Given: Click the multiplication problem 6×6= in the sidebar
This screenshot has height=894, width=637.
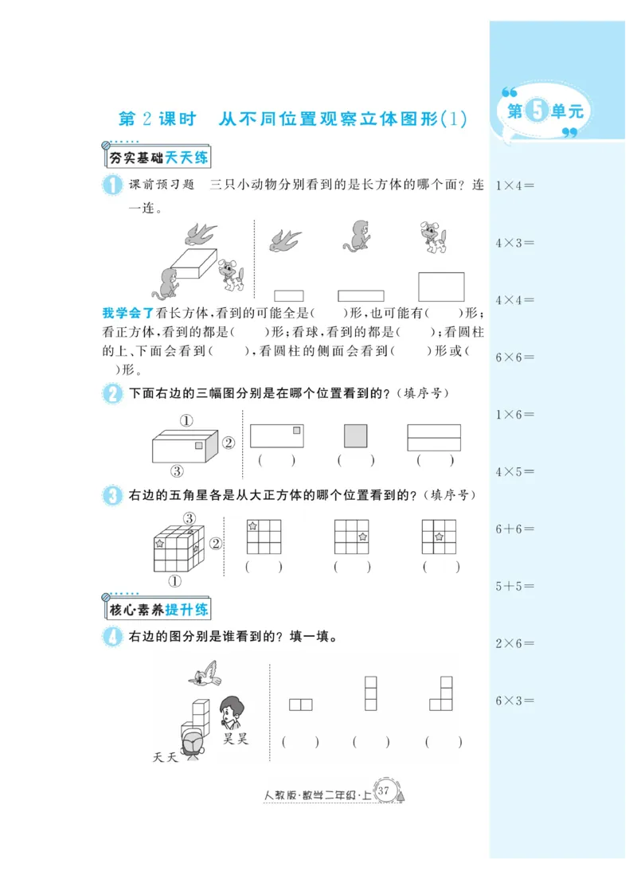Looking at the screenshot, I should (514, 357).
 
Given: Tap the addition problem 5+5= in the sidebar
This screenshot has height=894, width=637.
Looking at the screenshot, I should (514, 586).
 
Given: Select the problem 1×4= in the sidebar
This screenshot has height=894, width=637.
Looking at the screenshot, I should (514, 185).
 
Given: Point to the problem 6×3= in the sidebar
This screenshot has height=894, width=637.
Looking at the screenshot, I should (514, 701).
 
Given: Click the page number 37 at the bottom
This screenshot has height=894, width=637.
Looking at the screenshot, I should (385, 791).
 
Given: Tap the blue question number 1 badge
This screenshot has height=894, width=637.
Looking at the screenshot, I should (111, 185).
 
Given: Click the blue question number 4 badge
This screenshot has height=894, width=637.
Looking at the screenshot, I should (111, 636).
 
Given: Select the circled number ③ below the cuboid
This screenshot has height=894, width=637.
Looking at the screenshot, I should (177, 470).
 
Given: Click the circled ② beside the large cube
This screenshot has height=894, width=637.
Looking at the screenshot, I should (216, 544).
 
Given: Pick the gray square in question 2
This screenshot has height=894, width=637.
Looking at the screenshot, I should (355, 436).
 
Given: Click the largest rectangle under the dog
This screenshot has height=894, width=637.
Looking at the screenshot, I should (441, 287).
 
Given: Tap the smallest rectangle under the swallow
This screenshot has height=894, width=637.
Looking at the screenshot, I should (288, 295).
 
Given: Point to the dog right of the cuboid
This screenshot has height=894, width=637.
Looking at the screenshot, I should (232, 275).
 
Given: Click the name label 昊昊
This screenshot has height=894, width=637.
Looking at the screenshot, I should (235, 738).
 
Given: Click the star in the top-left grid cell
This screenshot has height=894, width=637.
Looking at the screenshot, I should (253, 526).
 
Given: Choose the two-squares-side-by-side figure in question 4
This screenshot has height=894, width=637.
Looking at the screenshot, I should (300, 705).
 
